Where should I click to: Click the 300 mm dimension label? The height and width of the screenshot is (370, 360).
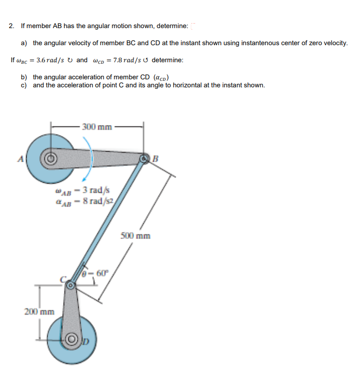point(97,127)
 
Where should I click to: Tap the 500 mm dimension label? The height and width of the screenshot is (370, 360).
point(136,235)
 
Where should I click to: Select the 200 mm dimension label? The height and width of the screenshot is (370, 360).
point(39,312)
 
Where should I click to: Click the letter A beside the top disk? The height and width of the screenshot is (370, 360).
point(21,159)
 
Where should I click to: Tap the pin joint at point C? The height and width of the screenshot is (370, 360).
point(71,285)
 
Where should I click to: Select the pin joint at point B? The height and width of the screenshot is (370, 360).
point(145,159)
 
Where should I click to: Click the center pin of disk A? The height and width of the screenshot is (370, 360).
point(50,160)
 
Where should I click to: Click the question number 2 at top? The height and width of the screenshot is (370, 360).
point(11,26)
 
